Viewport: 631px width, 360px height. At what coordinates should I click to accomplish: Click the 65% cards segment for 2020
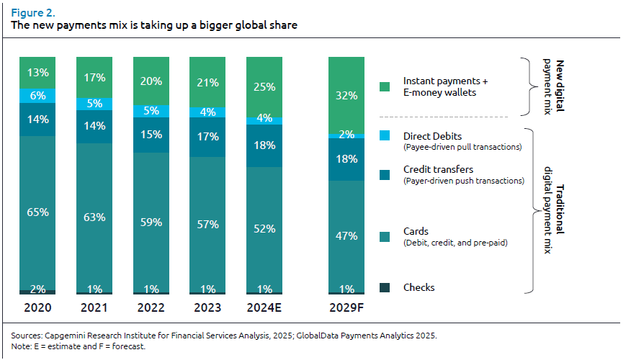37,212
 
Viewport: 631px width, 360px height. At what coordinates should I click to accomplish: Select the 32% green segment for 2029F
346,94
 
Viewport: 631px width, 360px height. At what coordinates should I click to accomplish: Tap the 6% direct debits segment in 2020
37,95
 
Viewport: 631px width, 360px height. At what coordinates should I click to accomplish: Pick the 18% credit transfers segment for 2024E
264,145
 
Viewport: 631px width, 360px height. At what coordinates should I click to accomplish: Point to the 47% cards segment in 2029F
346,235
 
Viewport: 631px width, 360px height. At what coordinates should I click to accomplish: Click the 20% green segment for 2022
151,81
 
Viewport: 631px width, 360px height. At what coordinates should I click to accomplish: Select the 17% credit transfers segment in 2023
207,135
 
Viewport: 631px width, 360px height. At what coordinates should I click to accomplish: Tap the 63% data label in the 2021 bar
94,217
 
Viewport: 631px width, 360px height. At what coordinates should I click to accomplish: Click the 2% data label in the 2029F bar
346,135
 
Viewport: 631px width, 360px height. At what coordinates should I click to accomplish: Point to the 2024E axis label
264,308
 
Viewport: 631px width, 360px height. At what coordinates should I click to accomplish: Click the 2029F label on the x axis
346,308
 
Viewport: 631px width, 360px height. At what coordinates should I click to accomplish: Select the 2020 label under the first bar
37,308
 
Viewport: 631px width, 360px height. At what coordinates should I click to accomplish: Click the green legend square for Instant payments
385,87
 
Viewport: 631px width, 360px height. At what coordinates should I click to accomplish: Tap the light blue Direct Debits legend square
385,135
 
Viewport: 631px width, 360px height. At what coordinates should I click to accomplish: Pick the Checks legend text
419,287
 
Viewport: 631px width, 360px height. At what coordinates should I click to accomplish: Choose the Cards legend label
416,232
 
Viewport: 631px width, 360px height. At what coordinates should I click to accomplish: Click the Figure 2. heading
34,12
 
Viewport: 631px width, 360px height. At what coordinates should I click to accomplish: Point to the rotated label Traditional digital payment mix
554,209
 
